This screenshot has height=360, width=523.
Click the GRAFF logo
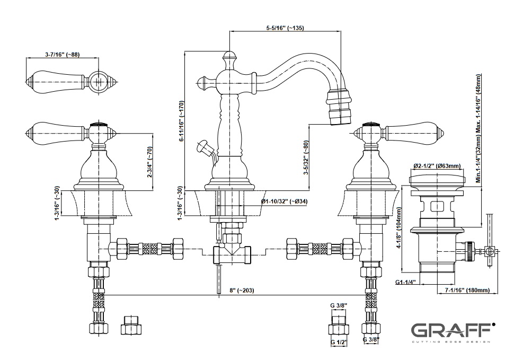click(x=454, y=331)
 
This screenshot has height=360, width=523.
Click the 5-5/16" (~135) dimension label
click(x=284, y=28)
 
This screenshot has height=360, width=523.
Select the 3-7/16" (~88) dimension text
click(x=62, y=55)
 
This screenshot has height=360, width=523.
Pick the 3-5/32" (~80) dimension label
click(x=306, y=159)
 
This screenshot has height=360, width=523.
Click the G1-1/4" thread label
click(x=407, y=283)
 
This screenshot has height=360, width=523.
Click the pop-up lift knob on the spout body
click(x=202, y=144)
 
